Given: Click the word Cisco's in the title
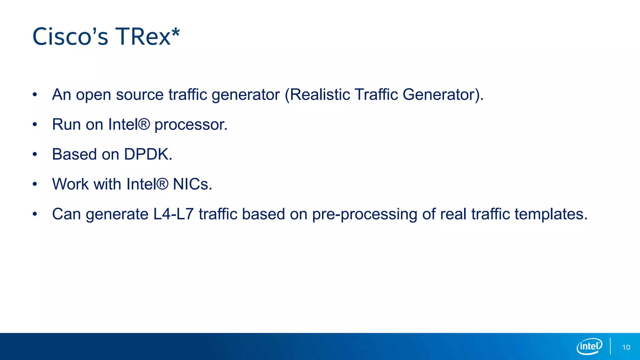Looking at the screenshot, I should tap(70, 37).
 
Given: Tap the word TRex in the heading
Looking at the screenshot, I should tap(143, 37).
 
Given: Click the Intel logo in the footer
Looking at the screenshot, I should tap(589, 346).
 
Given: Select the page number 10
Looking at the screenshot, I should tap(626, 347).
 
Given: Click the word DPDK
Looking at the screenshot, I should tap(148, 154).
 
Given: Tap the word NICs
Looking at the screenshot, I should tap(192, 184).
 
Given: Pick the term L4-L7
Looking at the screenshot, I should tap(173, 214).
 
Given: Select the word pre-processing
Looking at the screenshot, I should tap(365, 215).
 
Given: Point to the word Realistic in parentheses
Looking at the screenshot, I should tap(320, 94).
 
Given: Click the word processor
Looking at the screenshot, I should tap(191, 125).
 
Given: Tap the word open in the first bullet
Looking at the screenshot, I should tap(93, 95).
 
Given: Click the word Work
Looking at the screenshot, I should tap(71, 184).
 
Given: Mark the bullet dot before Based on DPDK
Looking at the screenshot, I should tap(35, 154).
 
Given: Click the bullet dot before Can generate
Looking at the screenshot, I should tap(35, 214).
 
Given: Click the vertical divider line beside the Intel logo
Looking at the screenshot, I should tap(610, 346).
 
